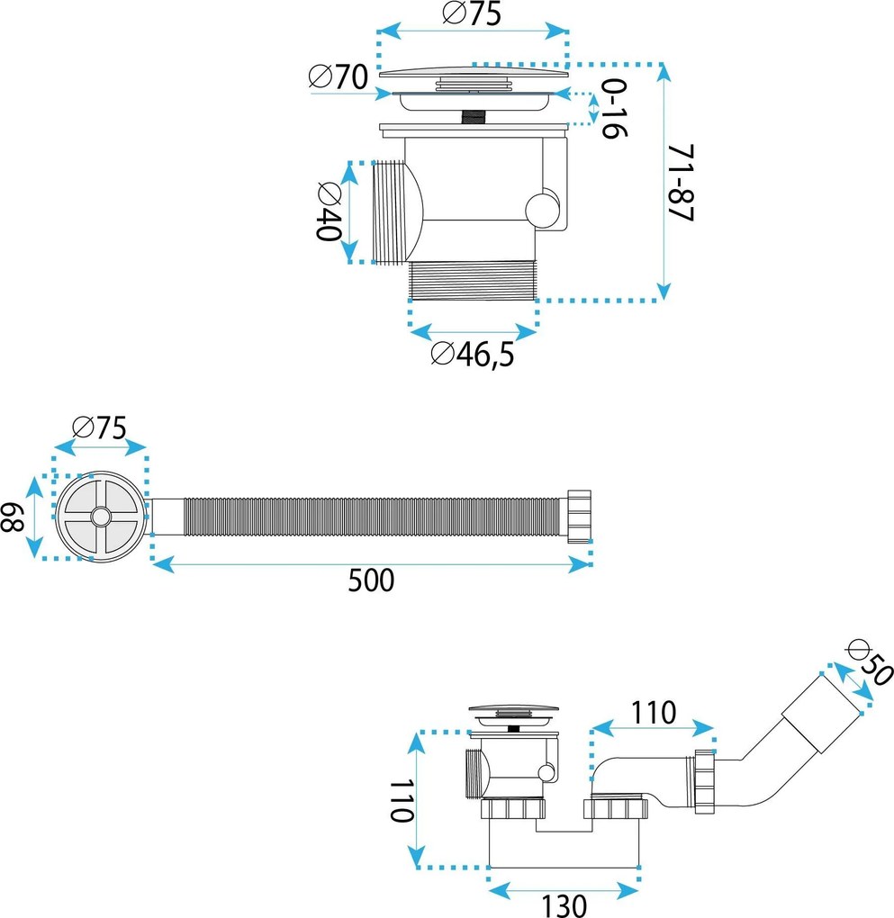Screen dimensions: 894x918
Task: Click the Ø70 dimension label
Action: tap(338, 76)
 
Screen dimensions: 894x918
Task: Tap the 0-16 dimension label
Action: tap(613, 109)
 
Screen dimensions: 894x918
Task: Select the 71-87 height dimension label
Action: tap(681, 183)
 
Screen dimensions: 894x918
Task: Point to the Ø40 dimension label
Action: tap(328, 211)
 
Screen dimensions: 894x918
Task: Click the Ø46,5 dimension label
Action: tap(472, 354)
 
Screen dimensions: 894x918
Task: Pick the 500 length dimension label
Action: tap(371, 580)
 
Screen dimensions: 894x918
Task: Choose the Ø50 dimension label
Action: tap(871, 663)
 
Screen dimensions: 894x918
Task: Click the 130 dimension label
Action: tap(563, 905)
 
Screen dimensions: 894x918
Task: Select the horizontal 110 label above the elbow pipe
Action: tap(654, 713)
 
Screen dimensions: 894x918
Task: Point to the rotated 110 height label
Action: tap(402, 800)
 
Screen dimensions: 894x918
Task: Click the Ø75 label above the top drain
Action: tap(472, 13)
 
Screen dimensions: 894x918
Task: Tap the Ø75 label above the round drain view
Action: tap(99, 428)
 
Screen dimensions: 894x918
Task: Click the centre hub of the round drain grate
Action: tap(101, 517)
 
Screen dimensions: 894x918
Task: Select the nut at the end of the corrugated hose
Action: tap(579, 517)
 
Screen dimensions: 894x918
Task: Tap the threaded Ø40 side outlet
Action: tap(389, 211)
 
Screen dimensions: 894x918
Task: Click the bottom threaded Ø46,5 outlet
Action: tap(472, 281)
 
